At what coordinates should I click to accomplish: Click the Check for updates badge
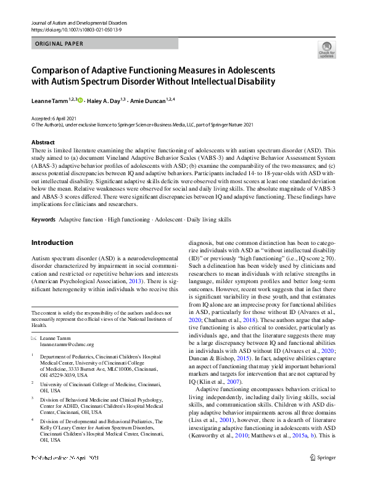pos(327,51)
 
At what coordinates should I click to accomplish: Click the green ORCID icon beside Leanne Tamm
pos(80,99)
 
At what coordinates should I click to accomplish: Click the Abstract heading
pos(43,143)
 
